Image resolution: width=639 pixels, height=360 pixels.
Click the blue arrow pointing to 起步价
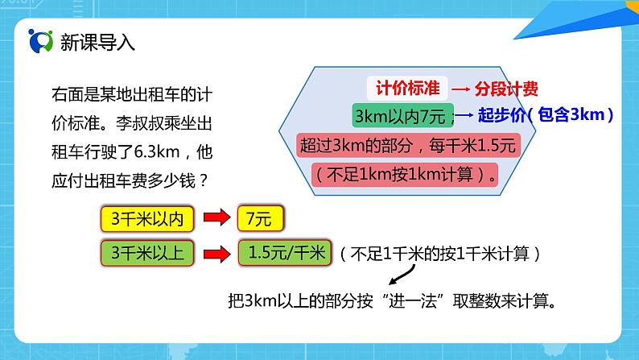[464, 117]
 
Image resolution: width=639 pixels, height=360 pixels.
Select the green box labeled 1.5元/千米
[284, 254]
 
